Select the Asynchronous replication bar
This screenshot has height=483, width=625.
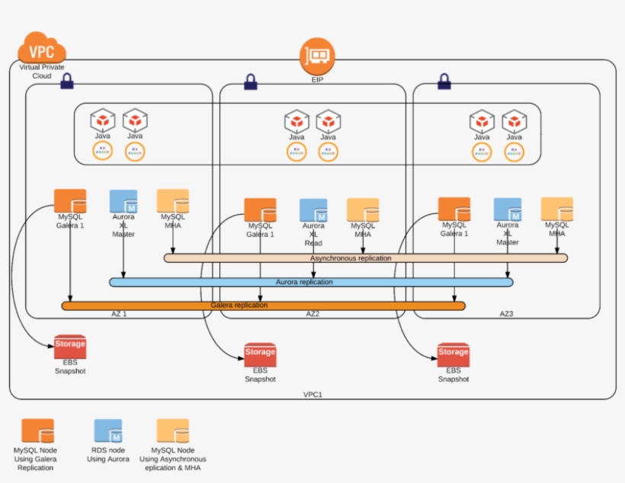pos(366,258)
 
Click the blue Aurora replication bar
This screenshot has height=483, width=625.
pos(311,282)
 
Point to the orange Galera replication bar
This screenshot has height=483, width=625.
pos(263,305)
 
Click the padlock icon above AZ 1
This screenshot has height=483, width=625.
pos(66,79)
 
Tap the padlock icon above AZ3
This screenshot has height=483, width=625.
pos(444,79)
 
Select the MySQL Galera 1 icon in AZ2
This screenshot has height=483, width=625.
pos(260,210)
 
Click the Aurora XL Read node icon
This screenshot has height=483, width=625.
pos(313,210)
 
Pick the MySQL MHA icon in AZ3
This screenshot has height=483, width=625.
pos(556,209)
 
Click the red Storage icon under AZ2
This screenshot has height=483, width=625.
pos(260,355)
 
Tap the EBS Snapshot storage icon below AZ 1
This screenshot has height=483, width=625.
pos(70,347)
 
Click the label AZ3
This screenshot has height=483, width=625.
pos(507,313)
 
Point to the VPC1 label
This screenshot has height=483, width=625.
pos(313,395)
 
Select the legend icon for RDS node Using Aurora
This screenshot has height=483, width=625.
pos(107,431)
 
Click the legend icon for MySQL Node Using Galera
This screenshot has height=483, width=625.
pos(37,431)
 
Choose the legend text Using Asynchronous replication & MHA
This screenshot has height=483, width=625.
pos(173,459)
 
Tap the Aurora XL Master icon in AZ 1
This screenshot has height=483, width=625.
pos(123,200)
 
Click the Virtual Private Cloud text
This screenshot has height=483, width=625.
pos(42,72)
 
